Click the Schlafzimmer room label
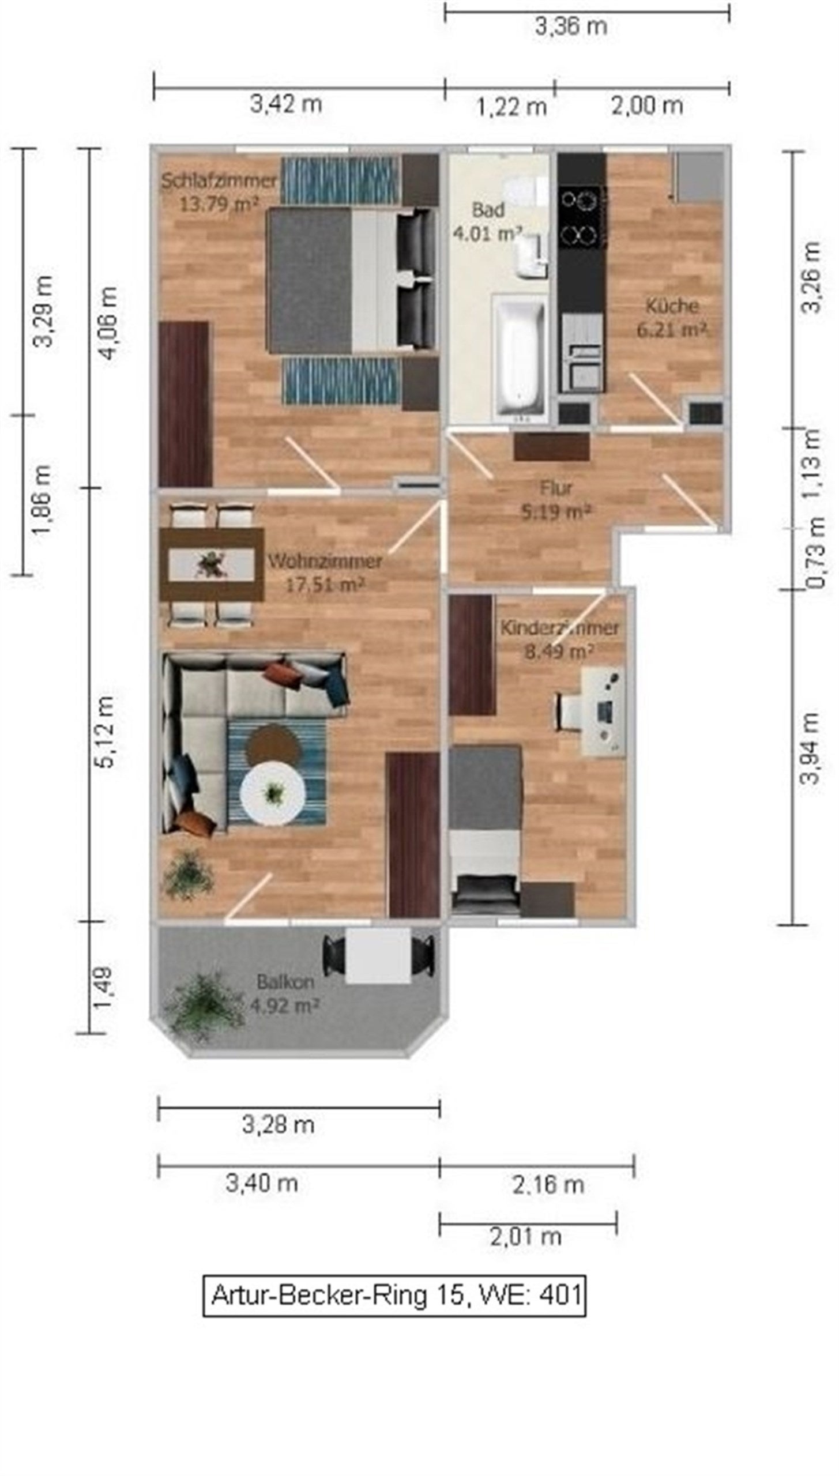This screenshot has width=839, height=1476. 219,192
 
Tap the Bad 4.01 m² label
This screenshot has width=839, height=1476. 488,221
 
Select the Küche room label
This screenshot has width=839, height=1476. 672,317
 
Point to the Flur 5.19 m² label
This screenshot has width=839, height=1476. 556,499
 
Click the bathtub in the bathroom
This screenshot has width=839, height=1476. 518,358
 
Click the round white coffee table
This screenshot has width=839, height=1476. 272,793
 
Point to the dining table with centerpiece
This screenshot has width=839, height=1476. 212,564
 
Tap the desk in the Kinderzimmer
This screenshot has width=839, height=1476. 603,711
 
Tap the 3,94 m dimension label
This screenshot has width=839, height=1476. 810,748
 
